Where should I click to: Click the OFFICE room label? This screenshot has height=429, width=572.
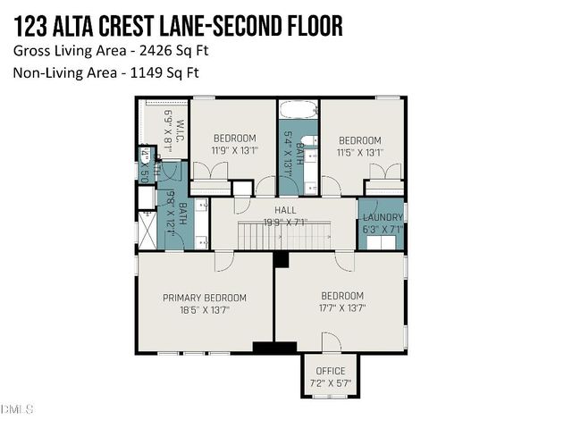pyautogui.click(x=331, y=372)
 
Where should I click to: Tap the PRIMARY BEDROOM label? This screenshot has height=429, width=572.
pyautogui.click(x=204, y=298)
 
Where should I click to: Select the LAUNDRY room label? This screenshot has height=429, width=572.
pyautogui.click(x=382, y=217)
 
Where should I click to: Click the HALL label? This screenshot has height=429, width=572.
pyautogui.click(x=285, y=211)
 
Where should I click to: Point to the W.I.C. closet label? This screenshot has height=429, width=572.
pyautogui.click(x=180, y=133)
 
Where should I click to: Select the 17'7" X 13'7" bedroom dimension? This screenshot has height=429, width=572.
pyautogui.click(x=342, y=309)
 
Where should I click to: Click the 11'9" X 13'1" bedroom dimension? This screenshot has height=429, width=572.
pyautogui.click(x=234, y=151)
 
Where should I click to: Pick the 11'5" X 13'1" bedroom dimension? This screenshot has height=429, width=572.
pyautogui.click(x=360, y=153)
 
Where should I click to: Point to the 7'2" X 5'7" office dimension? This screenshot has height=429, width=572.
pyautogui.click(x=331, y=383)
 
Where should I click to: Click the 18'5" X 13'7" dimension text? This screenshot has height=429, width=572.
pyautogui.click(x=204, y=310)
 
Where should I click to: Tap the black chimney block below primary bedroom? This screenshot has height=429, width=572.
pyautogui.click(x=274, y=348)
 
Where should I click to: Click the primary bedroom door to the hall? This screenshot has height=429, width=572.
pyautogui.click(x=223, y=261)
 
